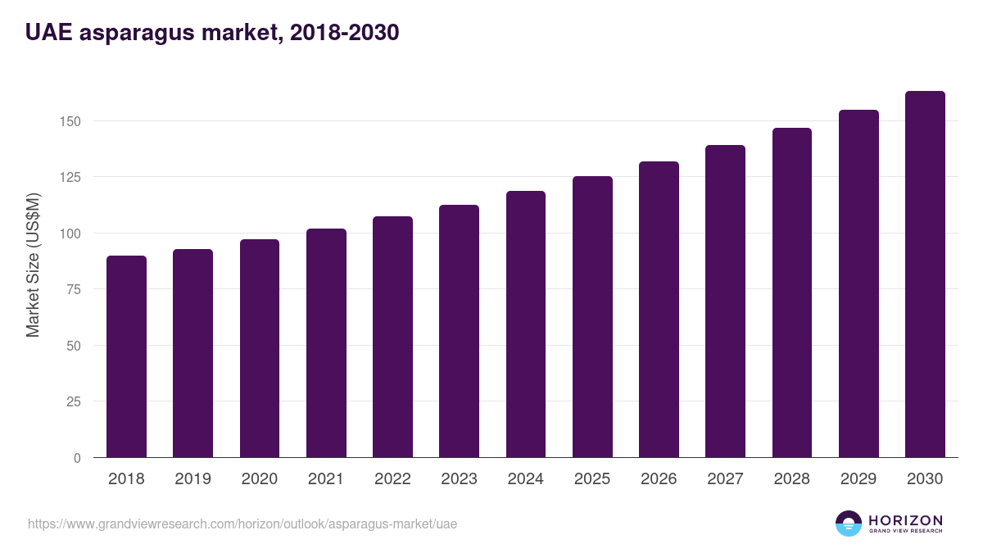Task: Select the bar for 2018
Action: click(126, 356)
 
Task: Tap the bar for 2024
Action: click(526, 324)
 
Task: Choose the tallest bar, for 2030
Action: click(925, 274)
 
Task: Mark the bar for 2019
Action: click(193, 353)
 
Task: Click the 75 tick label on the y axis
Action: click(75, 289)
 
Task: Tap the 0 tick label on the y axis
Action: click(78, 458)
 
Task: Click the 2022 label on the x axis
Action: click(392, 479)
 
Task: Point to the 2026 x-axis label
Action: click(659, 479)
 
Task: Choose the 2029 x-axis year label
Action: click(858, 479)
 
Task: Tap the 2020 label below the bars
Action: click(259, 479)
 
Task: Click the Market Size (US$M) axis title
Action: click(33, 265)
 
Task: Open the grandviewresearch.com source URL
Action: click(242, 524)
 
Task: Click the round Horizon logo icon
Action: click(849, 524)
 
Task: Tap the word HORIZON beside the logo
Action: click(905, 520)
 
